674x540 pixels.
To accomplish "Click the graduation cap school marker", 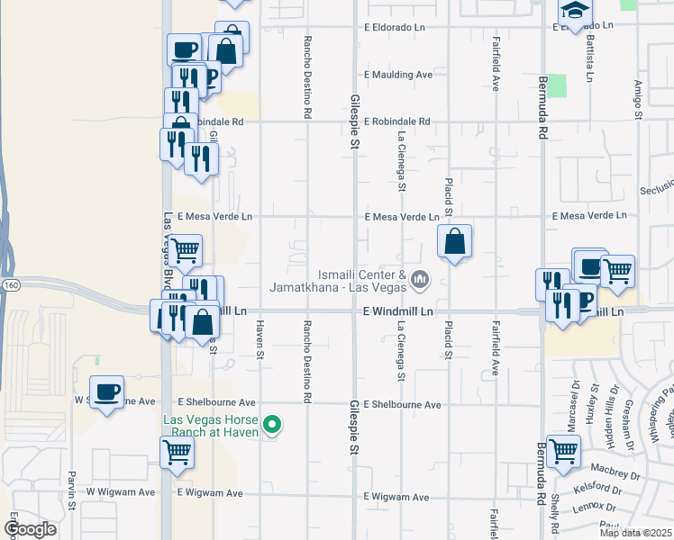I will [574, 11].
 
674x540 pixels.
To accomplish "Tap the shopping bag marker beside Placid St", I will [455, 241].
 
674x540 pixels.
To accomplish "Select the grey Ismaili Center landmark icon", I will [419, 281].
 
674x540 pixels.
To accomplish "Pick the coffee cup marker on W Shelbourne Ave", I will [107, 392].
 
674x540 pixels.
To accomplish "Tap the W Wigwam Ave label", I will [121, 492].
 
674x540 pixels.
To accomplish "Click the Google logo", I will [30, 529].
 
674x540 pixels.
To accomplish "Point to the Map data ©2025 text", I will [635, 533].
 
